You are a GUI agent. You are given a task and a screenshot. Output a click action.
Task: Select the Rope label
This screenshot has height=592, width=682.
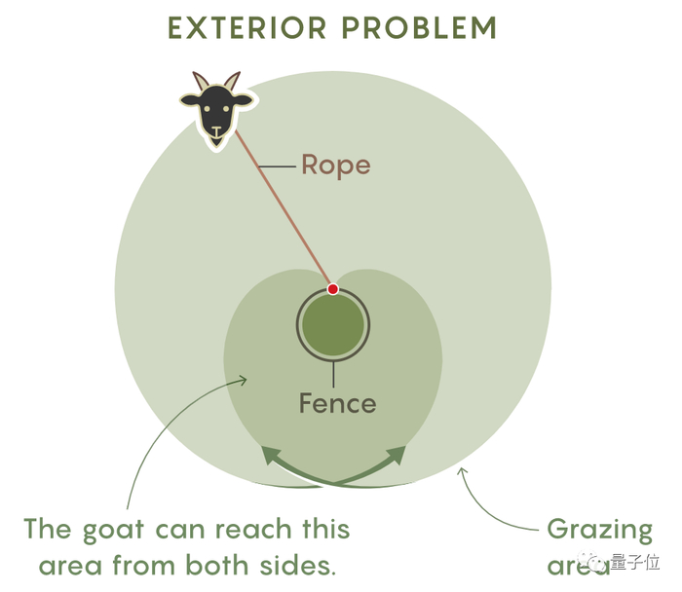tap(335, 165)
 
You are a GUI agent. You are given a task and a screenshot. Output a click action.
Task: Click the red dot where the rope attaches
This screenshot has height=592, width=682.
tap(332, 289)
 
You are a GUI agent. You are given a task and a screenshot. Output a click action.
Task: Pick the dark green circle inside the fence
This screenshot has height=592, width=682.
tap(332, 326)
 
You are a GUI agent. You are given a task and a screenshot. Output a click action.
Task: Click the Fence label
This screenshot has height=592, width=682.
tap(337, 402)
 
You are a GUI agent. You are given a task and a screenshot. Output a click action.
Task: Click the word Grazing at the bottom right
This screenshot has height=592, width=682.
tap(599, 530)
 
